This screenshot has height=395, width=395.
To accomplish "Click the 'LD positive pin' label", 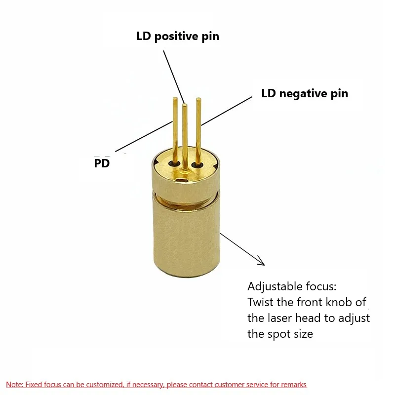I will click(x=178, y=37).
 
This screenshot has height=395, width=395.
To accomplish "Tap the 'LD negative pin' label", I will click(x=305, y=93).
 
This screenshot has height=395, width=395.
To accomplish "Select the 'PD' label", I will click(x=102, y=163).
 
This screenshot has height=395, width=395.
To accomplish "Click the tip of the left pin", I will click(x=175, y=99).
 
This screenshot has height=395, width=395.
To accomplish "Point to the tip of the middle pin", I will click(x=185, y=105).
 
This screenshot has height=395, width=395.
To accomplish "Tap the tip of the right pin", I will click(x=198, y=100).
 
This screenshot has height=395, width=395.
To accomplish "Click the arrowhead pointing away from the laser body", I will click(x=260, y=262).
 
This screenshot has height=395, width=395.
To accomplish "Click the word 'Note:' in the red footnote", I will click(x=14, y=385).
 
